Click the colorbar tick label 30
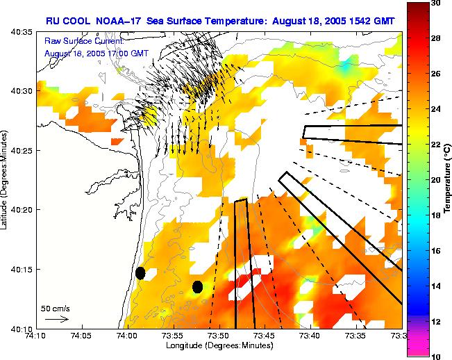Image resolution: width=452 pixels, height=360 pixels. tap(436, 3)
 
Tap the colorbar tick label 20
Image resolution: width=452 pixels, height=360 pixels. tap(436, 179)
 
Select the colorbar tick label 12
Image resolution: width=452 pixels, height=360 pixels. tap(436, 321)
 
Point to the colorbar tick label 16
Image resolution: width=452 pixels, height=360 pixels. tap(436, 250)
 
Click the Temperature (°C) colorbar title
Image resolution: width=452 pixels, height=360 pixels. tap(448, 179)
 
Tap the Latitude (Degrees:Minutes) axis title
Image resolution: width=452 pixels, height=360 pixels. tap(6, 179)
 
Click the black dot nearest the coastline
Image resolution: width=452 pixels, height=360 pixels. tap(140, 273)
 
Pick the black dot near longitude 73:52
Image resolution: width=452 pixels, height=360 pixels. tap(197, 286)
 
